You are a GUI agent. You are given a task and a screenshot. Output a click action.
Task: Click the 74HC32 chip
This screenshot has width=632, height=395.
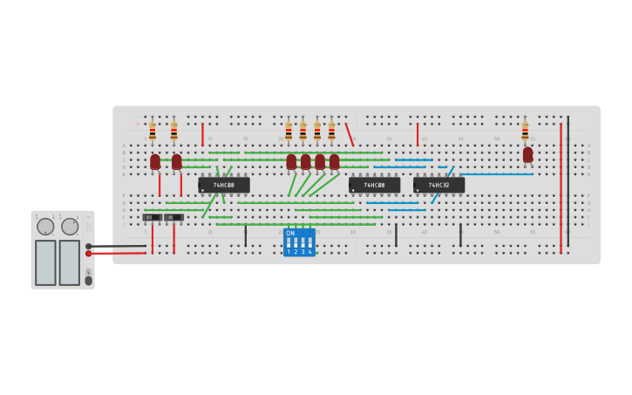tap(438, 185)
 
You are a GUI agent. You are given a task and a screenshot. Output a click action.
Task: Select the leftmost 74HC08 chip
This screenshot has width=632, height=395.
tap(224, 185)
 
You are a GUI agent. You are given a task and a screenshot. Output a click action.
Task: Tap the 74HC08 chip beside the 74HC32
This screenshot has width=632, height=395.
tap(374, 185)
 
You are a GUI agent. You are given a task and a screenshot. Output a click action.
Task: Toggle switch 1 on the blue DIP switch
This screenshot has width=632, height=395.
tap(289, 242)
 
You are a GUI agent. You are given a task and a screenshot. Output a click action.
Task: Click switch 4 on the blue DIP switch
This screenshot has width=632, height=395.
tap(309, 242)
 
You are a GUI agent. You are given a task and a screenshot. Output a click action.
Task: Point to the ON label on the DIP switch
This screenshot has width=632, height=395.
tap(290, 233)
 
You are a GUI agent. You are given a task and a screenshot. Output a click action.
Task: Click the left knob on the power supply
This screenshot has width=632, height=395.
tap(45, 227)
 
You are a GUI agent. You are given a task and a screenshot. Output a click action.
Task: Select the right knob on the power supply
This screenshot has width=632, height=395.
tap(70, 227)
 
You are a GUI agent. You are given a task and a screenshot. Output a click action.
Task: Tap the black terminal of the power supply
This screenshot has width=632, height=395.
tap(89, 246)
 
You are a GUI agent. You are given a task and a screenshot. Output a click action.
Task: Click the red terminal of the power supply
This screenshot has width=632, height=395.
tap(89, 254)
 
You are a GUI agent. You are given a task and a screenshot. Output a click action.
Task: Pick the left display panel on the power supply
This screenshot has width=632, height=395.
tap(45, 262)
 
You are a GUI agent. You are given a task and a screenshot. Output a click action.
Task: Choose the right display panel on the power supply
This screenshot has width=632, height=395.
tap(70, 262)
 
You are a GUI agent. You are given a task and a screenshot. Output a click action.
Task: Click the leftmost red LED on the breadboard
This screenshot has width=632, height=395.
tap(155, 161)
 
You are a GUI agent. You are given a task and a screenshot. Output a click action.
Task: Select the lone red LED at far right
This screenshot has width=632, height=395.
tap(527, 154)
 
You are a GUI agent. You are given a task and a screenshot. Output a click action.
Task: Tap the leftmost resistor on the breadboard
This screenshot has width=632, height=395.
tap(153, 131)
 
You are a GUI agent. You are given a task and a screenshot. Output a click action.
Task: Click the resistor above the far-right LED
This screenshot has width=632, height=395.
tap(525, 131)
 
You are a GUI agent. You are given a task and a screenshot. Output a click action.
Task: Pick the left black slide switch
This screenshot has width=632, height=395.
tap(153, 217)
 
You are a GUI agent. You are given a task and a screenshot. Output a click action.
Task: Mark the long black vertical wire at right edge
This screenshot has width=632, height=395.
tap(567, 179)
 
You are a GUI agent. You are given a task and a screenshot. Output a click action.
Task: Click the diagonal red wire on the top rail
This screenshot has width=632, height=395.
tap(350, 134)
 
